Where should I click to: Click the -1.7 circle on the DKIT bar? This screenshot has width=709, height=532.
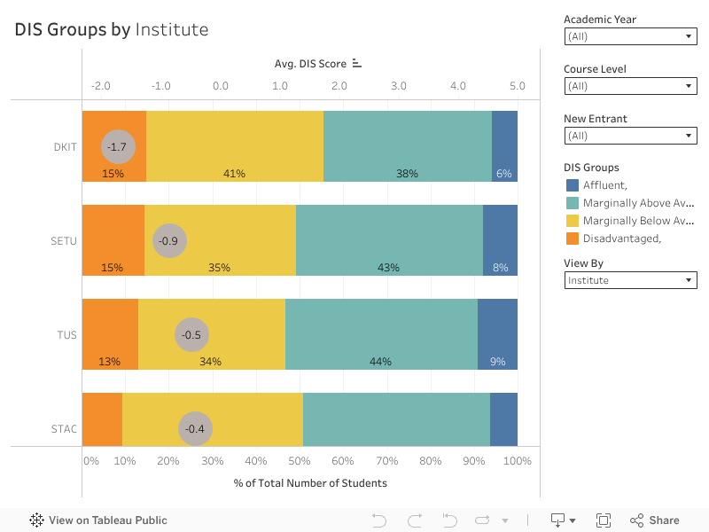(x=117, y=146)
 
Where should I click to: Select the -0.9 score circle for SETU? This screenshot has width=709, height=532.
(x=168, y=240)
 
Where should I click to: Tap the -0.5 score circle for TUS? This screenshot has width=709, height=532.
(x=191, y=335)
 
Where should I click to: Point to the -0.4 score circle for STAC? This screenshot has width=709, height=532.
(x=195, y=429)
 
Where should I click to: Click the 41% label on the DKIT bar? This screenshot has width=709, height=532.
(x=234, y=174)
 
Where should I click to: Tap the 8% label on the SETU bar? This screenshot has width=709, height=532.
(x=500, y=268)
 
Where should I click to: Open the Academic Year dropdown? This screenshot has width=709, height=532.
(x=630, y=36)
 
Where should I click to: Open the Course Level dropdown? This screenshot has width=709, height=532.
(x=630, y=86)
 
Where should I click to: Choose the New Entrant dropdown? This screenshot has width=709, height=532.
(x=630, y=136)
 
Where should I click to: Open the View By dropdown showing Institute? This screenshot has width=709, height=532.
(x=630, y=280)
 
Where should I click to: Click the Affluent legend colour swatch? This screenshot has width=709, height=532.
(x=572, y=185)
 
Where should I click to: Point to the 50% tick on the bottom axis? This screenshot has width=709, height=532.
(x=300, y=461)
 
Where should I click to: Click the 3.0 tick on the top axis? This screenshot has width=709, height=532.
(x=399, y=86)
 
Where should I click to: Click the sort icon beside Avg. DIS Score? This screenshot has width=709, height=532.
(x=357, y=63)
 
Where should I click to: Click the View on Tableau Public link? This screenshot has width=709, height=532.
(x=98, y=520)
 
